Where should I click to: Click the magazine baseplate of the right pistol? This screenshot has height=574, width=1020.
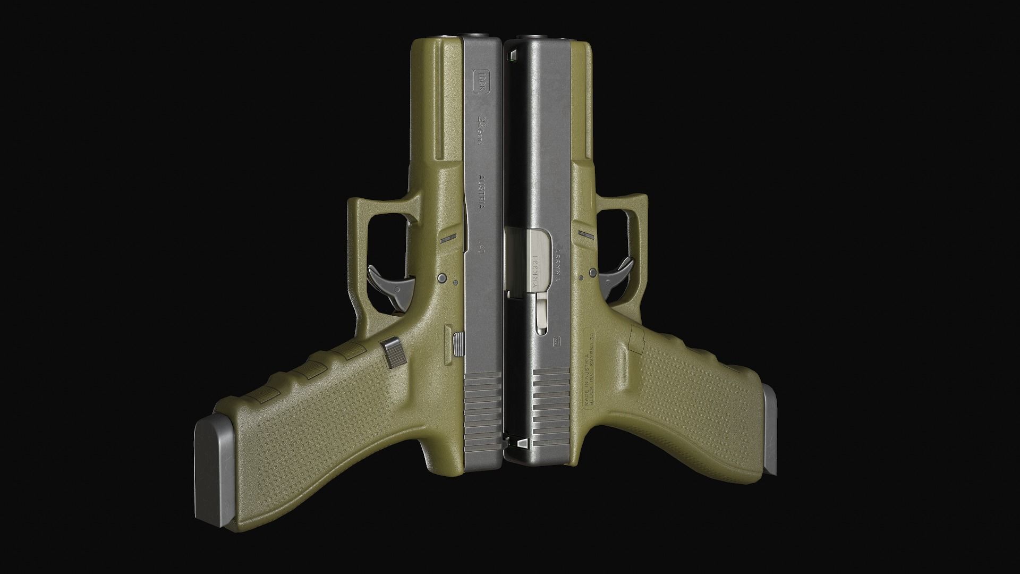(771, 430)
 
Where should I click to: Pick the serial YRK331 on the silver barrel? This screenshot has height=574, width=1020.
(535, 272)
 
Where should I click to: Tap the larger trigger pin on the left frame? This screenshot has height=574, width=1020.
(441, 278)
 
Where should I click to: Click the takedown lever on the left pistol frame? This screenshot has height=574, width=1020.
(448, 239)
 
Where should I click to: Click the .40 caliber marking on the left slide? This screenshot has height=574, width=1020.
(482, 247)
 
